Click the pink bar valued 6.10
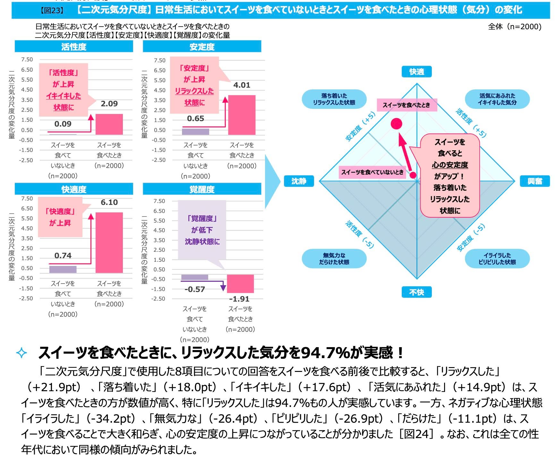[109, 242]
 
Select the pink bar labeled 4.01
[242, 115]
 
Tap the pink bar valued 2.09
[109, 124]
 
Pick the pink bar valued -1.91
[240, 284]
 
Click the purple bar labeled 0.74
[63, 269]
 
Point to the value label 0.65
[195, 119]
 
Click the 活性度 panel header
[74, 47]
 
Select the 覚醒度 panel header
[202, 189]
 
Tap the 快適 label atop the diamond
[416, 72]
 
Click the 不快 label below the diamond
[416, 292]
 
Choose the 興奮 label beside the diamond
[535, 181]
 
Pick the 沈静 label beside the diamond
[299, 181]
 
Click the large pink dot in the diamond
[397, 124]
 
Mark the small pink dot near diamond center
[413, 175]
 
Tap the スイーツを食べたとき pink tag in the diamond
[407, 105]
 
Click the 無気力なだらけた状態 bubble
[334, 259]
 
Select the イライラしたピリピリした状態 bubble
[497, 259]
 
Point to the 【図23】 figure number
[52, 10]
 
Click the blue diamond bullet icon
[21, 353]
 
